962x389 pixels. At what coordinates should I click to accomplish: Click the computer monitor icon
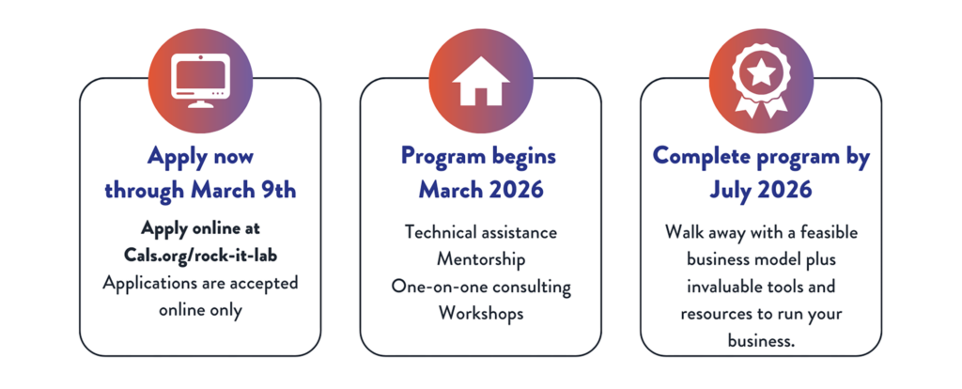[x=201, y=81]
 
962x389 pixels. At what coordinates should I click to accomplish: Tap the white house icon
[x=481, y=81]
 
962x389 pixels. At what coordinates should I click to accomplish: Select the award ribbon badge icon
[x=761, y=81]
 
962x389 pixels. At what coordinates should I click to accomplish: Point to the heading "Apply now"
[x=201, y=157]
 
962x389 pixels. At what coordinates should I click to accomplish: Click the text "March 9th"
[x=243, y=190]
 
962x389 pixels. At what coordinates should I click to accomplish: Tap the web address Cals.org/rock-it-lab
[x=201, y=256]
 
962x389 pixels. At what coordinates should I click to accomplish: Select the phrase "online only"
[x=201, y=310]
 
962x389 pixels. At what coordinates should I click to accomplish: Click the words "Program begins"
[x=478, y=157]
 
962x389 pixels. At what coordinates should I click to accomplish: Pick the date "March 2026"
[x=481, y=190]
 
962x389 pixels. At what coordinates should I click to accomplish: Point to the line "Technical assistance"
[x=481, y=232]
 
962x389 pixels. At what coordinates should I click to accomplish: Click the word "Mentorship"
[x=481, y=259]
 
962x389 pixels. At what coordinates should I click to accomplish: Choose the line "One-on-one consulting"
[x=481, y=288]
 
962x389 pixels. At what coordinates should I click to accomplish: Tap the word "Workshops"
[x=481, y=314]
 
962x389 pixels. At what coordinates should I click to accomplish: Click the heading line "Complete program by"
[x=761, y=157]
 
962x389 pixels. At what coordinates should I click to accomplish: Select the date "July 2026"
[x=761, y=190]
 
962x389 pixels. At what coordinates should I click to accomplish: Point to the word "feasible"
[x=829, y=232]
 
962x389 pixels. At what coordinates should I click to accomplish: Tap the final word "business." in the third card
[x=761, y=340]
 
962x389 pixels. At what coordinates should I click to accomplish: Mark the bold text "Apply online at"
[x=201, y=228]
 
